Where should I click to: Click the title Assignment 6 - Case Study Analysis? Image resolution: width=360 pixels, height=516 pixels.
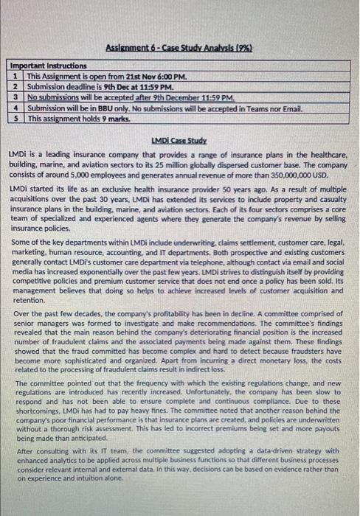pyautogui.click(x=179, y=46)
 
